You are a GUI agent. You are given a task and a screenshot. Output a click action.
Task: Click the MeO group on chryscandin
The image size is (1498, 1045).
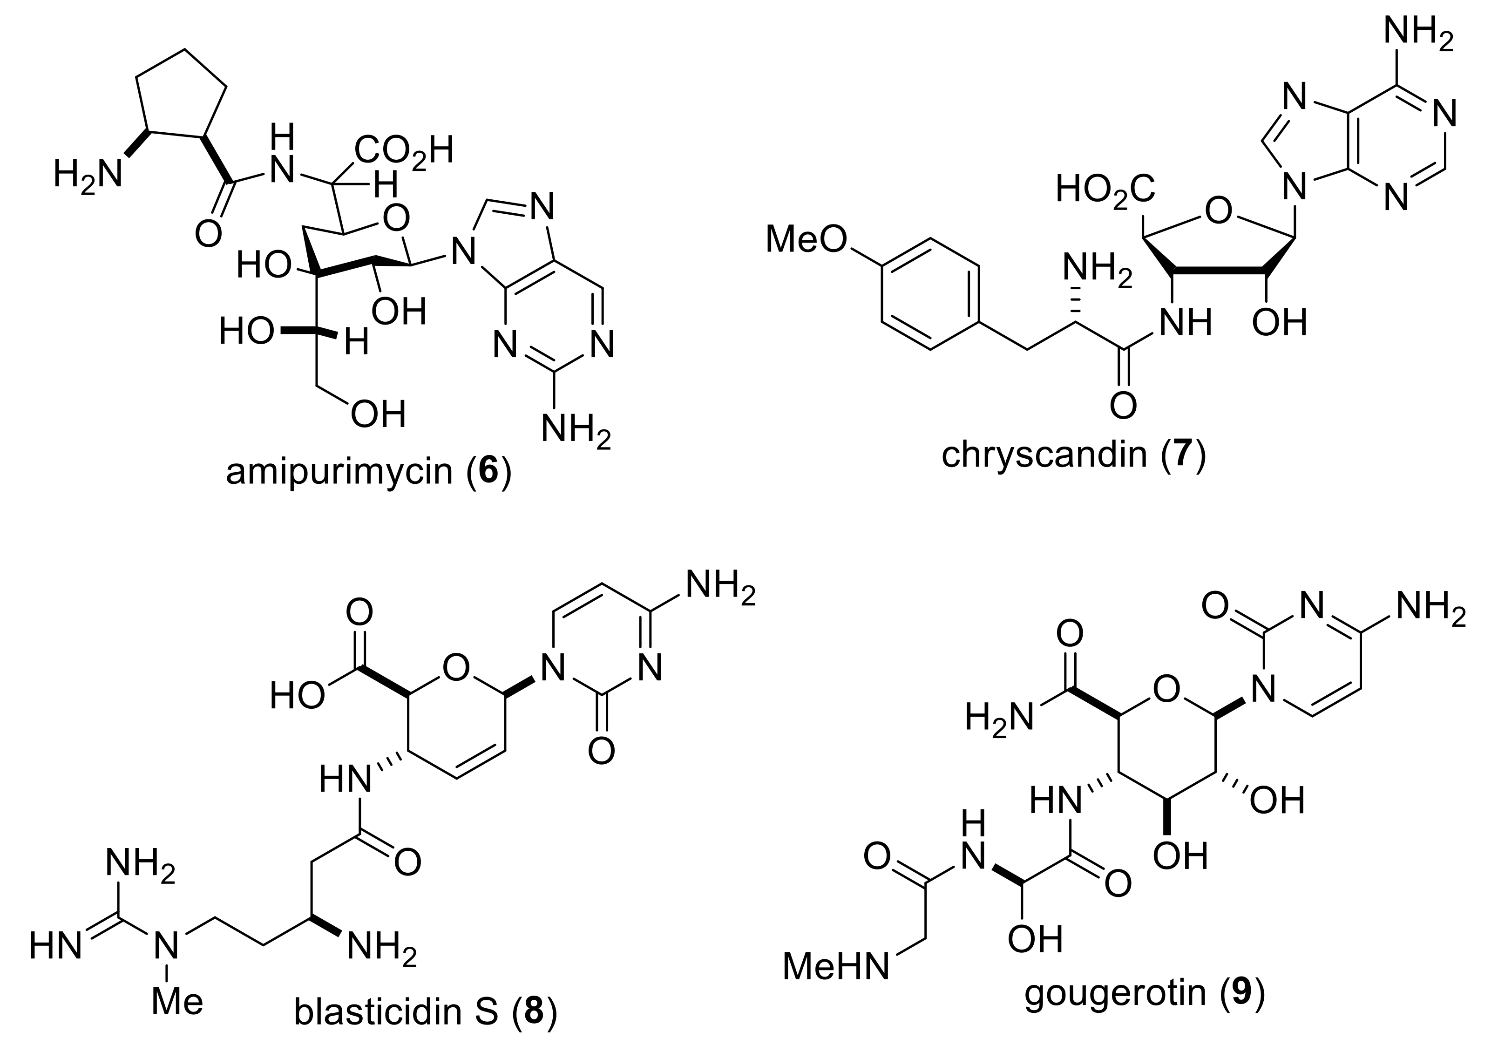[806, 239]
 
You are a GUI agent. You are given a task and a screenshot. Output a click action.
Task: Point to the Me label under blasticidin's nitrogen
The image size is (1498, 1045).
[177, 1001]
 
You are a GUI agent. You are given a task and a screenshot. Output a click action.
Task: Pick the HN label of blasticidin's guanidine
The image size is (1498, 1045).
[55, 946]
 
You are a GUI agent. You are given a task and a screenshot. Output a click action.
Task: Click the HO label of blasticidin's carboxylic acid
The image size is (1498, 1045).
[297, 697]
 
